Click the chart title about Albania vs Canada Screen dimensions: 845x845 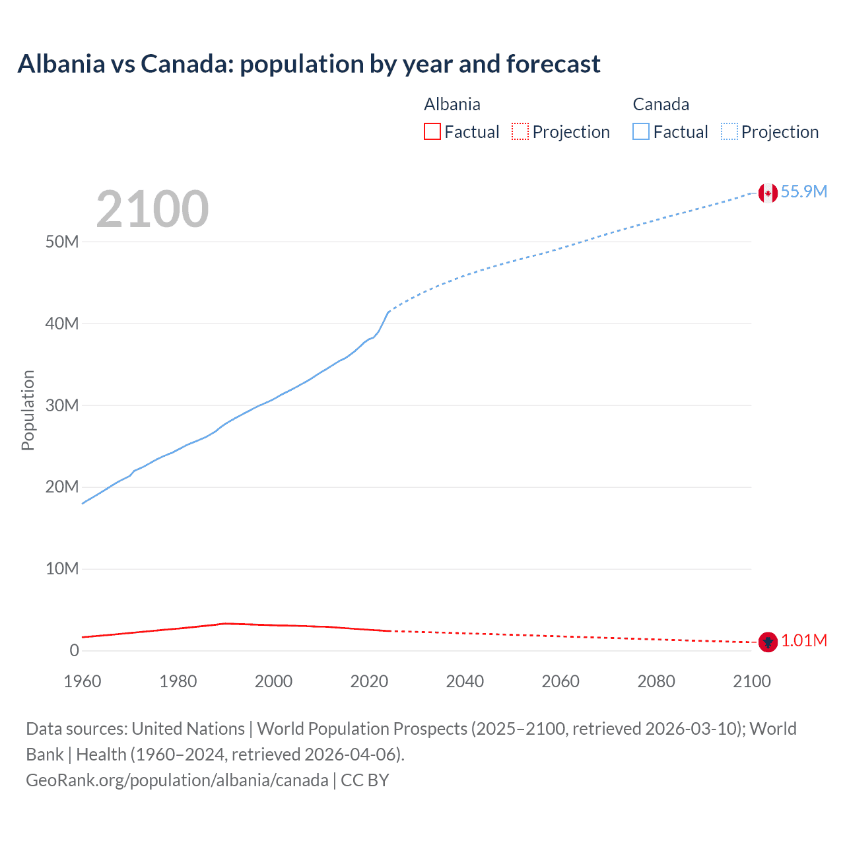[309, 64]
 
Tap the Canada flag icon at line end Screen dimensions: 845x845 [768, 193]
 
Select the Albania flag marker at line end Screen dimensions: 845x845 [768, 641]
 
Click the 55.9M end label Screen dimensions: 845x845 [803, 191]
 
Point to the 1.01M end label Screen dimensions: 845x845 [804, 641]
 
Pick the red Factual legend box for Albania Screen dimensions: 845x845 [432, 131]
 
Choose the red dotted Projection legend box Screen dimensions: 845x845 [520, 131]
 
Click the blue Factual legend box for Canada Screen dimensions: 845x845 [641, 131]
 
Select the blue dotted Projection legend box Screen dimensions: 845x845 [729, 131]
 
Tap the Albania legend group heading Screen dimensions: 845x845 [452, 104]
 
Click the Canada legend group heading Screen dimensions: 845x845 [661, 104]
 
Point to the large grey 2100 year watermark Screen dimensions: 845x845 [152, 209]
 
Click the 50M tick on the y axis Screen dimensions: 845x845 [62, 242]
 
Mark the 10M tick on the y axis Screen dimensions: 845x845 [62, 568]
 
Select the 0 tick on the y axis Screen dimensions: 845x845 [74, 650]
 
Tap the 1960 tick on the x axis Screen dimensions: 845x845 [83, 681]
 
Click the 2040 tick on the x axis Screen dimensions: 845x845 [465, 681]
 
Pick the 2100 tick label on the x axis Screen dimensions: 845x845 [752, 681]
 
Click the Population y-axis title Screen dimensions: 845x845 [28, 410]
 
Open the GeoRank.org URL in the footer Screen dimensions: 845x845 [177, 780]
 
